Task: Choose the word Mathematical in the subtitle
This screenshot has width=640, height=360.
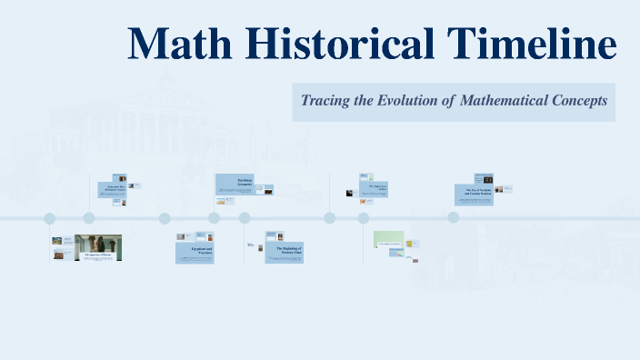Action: (x=502, y=101)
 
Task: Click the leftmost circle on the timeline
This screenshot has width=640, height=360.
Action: (x=50, y=218)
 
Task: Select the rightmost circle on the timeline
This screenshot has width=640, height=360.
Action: (x=453, y=218)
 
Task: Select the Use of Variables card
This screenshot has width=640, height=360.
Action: (x=474, y=194)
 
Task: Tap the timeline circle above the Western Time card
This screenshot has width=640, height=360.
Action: (x=245, y=218)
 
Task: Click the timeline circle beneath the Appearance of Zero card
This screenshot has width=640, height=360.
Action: (x=364, y=218)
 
